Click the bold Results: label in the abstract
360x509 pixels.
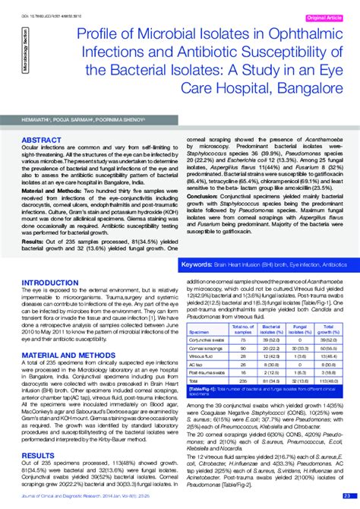click(x=33, y=238)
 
